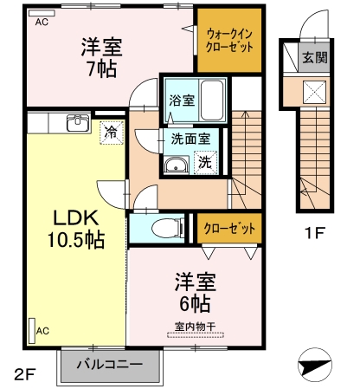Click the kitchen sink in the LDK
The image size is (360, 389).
point(78,123)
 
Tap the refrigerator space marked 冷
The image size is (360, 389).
point(112,133)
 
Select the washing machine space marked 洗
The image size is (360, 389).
point(205,163)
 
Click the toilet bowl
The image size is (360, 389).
point(168,228)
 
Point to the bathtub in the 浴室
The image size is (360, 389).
point(212,100)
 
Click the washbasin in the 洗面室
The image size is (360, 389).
point(177,165)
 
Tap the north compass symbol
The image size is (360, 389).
point(314,365)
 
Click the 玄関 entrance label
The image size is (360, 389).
point(315,58)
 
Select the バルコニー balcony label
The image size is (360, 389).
point(110,364)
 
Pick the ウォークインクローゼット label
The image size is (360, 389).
point(229,41)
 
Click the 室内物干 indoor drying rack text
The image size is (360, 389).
point(195,327)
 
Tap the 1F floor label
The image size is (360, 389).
point(315,233)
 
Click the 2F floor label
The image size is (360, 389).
point(25,375)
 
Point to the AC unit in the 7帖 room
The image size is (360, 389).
point(42,13)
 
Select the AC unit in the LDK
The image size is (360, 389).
point(32,331)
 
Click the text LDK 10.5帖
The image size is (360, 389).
point(76,229)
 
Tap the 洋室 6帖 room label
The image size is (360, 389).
point(196,292)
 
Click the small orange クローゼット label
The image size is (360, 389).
point(229,229)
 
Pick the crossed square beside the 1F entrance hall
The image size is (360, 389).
point(314,92)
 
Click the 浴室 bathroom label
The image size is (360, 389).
point(182,100)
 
